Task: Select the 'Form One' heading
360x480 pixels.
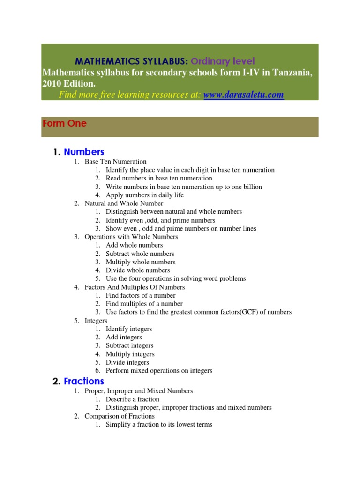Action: (x=65, y=124)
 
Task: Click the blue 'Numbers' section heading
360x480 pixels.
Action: (x=84, y=152)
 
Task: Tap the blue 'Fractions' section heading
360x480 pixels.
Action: (x=84, y=381)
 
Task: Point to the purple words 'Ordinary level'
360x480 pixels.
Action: (x=223, y=61)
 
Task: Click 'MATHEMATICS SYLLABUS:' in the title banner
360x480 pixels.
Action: (x=132, y=61)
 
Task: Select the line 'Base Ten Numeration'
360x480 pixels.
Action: (x=115, y=162)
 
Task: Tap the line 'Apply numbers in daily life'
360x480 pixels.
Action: (x=144, y=195)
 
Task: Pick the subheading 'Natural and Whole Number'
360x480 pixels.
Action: (x=124, y=203)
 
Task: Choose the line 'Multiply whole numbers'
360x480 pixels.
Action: (x=141, y=262)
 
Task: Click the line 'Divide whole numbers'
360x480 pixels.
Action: (x=138, y=270)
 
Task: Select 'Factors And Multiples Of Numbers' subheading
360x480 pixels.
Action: (x=135, y=287)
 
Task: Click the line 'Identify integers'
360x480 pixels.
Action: (x=129, y=329)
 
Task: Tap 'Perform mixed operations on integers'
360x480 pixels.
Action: (x=159, y=371)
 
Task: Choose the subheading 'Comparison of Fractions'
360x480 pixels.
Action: (x=120, y=416)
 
